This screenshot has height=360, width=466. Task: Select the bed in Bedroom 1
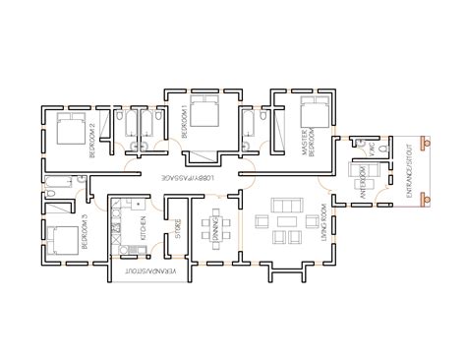click(x=204, y=114)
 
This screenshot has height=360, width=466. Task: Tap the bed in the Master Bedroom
click(x=315, y=114)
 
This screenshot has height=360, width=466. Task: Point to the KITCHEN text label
click(x=142, y=230)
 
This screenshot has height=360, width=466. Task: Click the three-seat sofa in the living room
click(x=288, y=209)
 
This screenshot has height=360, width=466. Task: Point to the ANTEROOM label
click(x=360, y=183)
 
